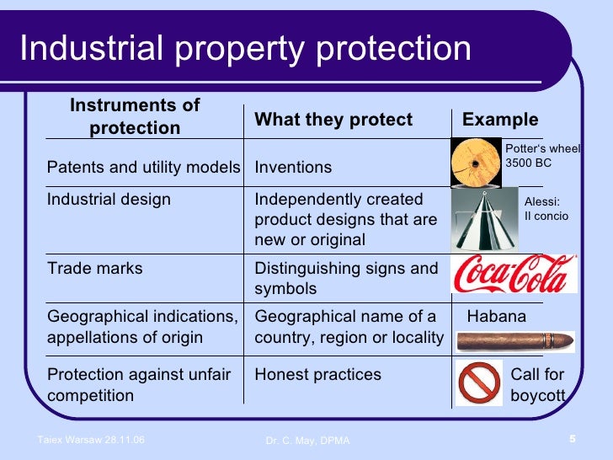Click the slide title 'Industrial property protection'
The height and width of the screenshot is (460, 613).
[x=245, y=48]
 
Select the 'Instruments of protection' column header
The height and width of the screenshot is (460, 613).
[x=135, y=116]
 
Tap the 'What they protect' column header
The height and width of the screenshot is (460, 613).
[x=333, y=120]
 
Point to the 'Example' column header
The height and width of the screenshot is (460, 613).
[x=500, y=120]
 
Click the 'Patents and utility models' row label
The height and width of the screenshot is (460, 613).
[x=143, y=167]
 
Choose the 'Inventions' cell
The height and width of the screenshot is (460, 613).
[x=293, y=167]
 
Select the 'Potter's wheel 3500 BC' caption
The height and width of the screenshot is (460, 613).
[x=542, y=156]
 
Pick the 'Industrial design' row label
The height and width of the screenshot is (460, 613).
[x=109, y=200]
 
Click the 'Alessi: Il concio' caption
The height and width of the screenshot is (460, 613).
[x=546, y=209]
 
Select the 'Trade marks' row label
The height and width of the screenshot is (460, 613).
[x=95, y=269]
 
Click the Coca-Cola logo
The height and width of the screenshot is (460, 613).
[x=514, y=274]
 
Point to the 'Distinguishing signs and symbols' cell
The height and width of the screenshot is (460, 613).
[x=346, y=279]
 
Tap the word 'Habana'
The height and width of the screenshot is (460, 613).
[x=496, y=317]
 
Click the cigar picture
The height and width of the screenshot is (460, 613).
[x=514, y=342]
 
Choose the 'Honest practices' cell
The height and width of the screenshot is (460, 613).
[x=317, y=374]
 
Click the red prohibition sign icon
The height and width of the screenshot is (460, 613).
[x=478, y=383]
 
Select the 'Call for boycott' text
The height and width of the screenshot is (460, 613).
[x=537, y=385]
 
